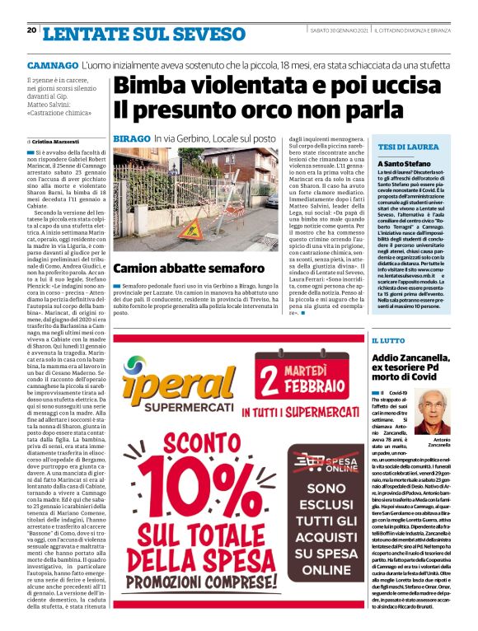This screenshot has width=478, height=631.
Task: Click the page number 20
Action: point(31,30)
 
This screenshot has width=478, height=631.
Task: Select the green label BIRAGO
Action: point(131,142)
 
